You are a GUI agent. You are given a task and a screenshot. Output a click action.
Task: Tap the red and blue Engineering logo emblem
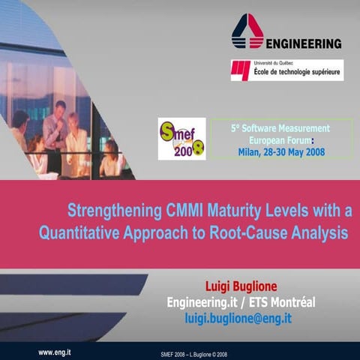(247, 31)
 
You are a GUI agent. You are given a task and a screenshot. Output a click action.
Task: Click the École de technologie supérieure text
(297, 73)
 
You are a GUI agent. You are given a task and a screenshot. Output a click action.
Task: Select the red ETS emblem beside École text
(242, 70)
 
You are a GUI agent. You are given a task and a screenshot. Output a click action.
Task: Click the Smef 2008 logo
(181, 139)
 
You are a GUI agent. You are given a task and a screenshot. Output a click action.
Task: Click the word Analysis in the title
(321, 232)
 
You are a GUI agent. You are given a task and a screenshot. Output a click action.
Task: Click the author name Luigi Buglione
(247, 286)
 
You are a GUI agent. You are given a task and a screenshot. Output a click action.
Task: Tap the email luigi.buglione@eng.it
(238, 319)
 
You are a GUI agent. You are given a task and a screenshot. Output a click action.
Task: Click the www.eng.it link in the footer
(55, 350)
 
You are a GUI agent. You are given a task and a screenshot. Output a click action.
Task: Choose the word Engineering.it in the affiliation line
(203, 302)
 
